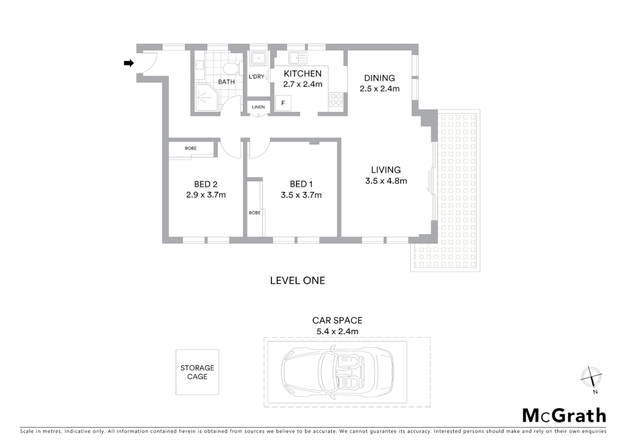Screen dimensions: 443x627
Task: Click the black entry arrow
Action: click(x=129, y=63)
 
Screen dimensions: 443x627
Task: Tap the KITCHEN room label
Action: click(x=302, y=74)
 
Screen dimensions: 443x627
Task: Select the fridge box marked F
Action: click(x=283, y=103)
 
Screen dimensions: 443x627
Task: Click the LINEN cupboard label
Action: click(x=258, y=107)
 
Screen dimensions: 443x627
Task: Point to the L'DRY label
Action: click(x=256, y=77)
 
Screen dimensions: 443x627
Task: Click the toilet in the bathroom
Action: click(x=230, y=68)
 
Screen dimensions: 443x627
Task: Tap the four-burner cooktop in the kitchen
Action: click(x=336, y=100)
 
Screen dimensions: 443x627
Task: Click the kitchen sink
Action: click(x=297, y=58)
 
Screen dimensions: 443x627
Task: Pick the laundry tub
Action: click(x=259, y=59)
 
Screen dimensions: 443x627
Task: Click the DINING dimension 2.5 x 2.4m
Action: click(x=380, y=89)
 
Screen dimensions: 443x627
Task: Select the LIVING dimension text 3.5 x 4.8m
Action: click(x=386, y=181)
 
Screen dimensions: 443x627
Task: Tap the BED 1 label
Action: click(x=301, y=184)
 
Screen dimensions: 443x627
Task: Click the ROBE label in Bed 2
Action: click(x=190, y=148)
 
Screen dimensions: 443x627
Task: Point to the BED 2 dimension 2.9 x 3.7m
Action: click(x=206, y=195)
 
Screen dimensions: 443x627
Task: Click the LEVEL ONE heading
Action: click(x=297, y=281)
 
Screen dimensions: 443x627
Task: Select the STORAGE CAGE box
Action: click(x=197, y=372)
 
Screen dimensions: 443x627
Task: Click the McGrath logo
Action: click(x=564, y=416)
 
